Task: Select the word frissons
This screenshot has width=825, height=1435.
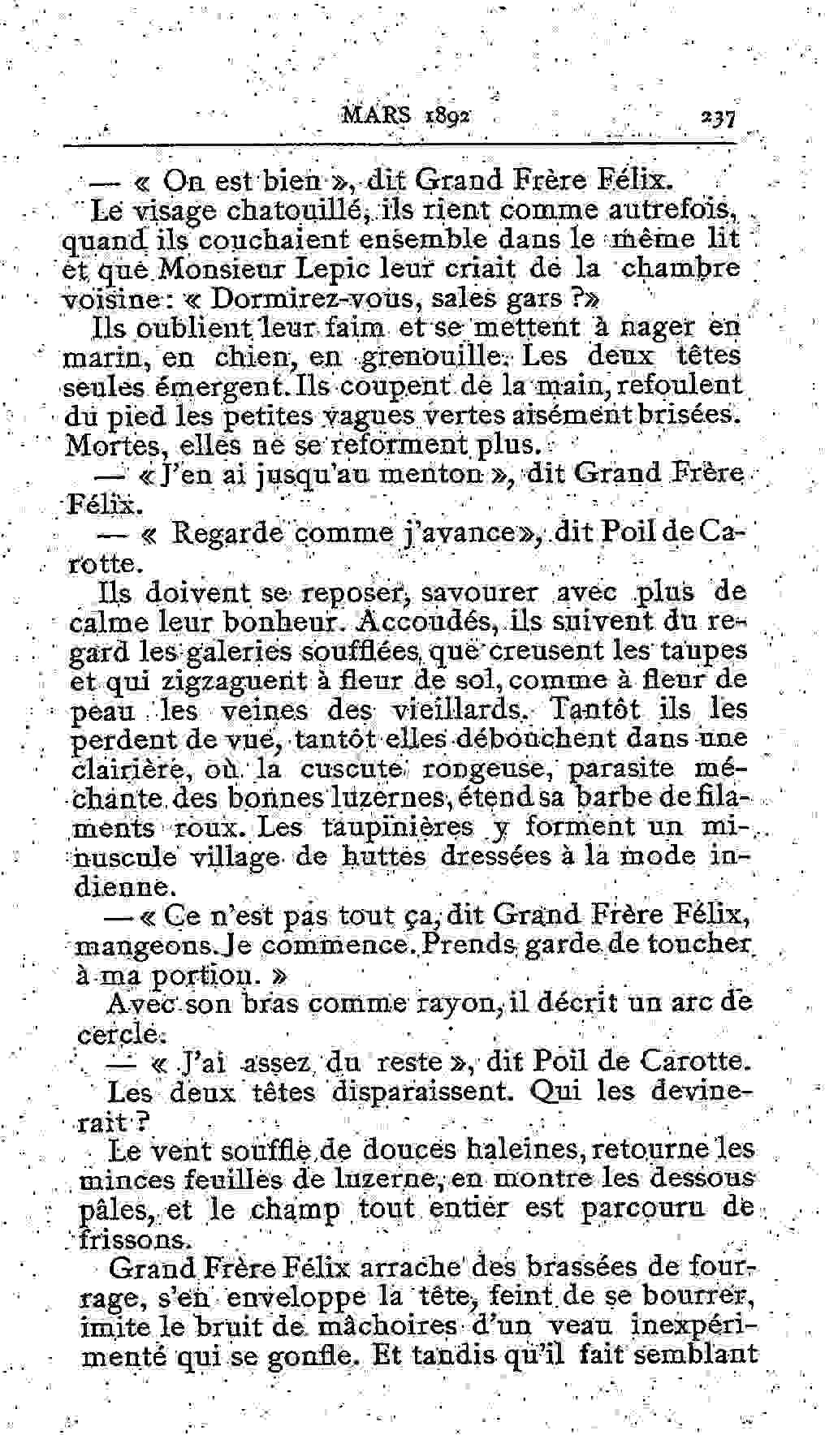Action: pos(137,1239)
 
